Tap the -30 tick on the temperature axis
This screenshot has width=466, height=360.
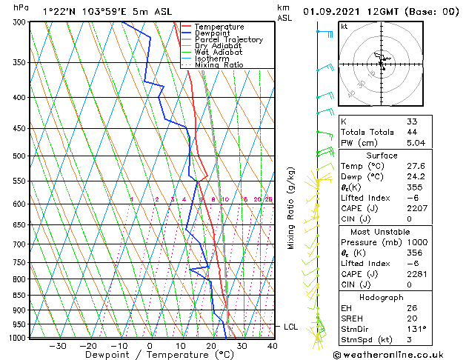58,345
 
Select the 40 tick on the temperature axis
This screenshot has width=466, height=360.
273,345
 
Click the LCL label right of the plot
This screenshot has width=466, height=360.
291,327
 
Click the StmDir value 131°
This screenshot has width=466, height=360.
416,329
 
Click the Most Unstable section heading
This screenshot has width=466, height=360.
382,231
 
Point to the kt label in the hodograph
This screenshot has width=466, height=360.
344,26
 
